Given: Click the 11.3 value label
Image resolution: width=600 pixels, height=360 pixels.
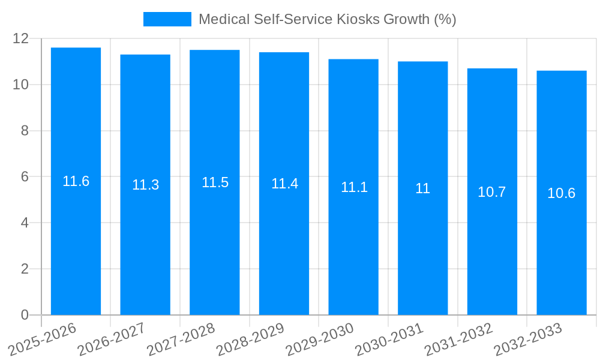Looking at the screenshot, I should (145, 185).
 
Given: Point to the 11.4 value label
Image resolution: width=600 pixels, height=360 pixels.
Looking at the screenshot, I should (284, 184).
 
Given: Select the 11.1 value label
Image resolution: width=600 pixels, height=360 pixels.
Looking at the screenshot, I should (354, 187).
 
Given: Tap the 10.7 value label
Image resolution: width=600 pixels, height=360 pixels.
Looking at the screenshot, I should (492, 192).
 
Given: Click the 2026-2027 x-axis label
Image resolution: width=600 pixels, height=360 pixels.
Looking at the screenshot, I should (110, 340).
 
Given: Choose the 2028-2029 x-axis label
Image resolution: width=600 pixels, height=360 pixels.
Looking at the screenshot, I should (250, 340).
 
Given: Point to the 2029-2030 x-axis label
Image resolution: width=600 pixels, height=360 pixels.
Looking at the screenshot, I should (319, 340).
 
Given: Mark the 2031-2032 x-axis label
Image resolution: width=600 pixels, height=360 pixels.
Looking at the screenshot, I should (458, 340).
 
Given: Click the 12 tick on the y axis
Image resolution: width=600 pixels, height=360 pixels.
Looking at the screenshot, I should (21, 38).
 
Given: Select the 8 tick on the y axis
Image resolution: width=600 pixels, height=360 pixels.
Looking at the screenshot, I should (25, 131).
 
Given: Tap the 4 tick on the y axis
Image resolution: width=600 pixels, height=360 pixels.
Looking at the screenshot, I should (25, 223).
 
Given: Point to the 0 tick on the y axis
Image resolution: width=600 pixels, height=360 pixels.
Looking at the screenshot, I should (25, 315).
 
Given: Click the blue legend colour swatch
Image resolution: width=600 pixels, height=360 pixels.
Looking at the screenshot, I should (167, 19).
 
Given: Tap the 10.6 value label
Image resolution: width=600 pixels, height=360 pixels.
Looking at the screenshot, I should (562, 193).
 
